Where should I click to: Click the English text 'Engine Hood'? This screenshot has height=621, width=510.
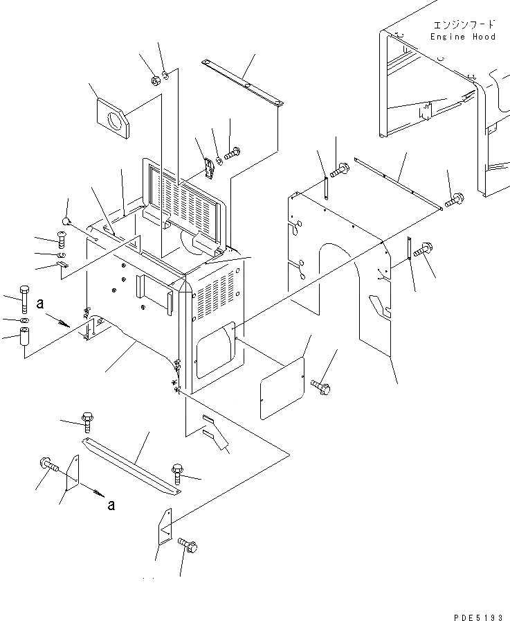click(x=462, y=37)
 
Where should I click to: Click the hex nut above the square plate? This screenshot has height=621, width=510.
click(x=154, y=80)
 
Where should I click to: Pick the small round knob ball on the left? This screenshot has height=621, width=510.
click(x=66, y=221)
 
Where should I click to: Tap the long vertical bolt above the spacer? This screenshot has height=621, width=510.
click(x=25, y=296)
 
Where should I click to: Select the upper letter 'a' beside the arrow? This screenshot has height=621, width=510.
click(x=41, y=303)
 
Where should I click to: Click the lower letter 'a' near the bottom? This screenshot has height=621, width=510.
click(x=111, y=505)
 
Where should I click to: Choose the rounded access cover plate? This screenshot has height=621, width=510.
click(x=282, y=389)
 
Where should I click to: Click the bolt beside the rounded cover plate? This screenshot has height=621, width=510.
click(x=320, y=384)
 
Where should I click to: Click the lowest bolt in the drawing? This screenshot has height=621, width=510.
click(x=187, y=548)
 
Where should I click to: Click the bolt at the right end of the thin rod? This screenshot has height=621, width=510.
click(x=454, y=200)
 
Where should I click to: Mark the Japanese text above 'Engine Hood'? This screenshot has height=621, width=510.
click(x=462, y=24)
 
